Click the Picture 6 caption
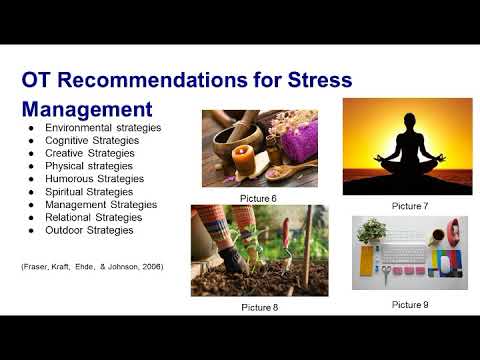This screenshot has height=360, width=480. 258,198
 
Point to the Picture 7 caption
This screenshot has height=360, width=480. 409,204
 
